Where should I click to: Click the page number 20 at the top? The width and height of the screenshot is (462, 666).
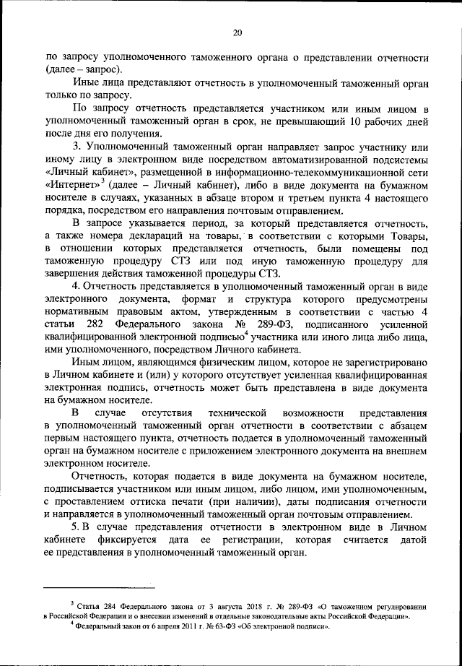pyautogui.click(x=237, y=31)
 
